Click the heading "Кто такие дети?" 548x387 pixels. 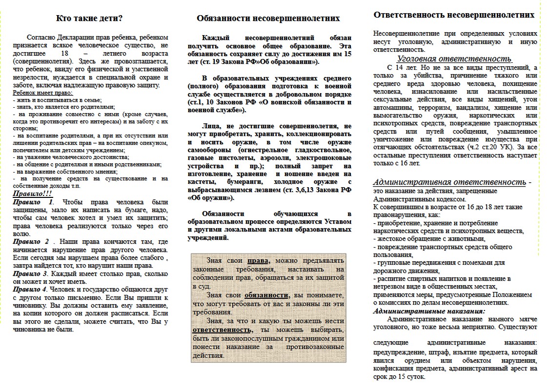pos(89,19)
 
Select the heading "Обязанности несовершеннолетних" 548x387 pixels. pos(268,19)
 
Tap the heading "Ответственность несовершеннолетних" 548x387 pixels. pos(454,15)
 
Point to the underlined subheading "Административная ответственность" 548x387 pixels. pos(449,182)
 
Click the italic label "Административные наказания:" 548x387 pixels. pos(429,310)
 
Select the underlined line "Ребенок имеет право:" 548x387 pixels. pos(42,93)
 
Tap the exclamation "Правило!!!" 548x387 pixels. pos(32,193)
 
